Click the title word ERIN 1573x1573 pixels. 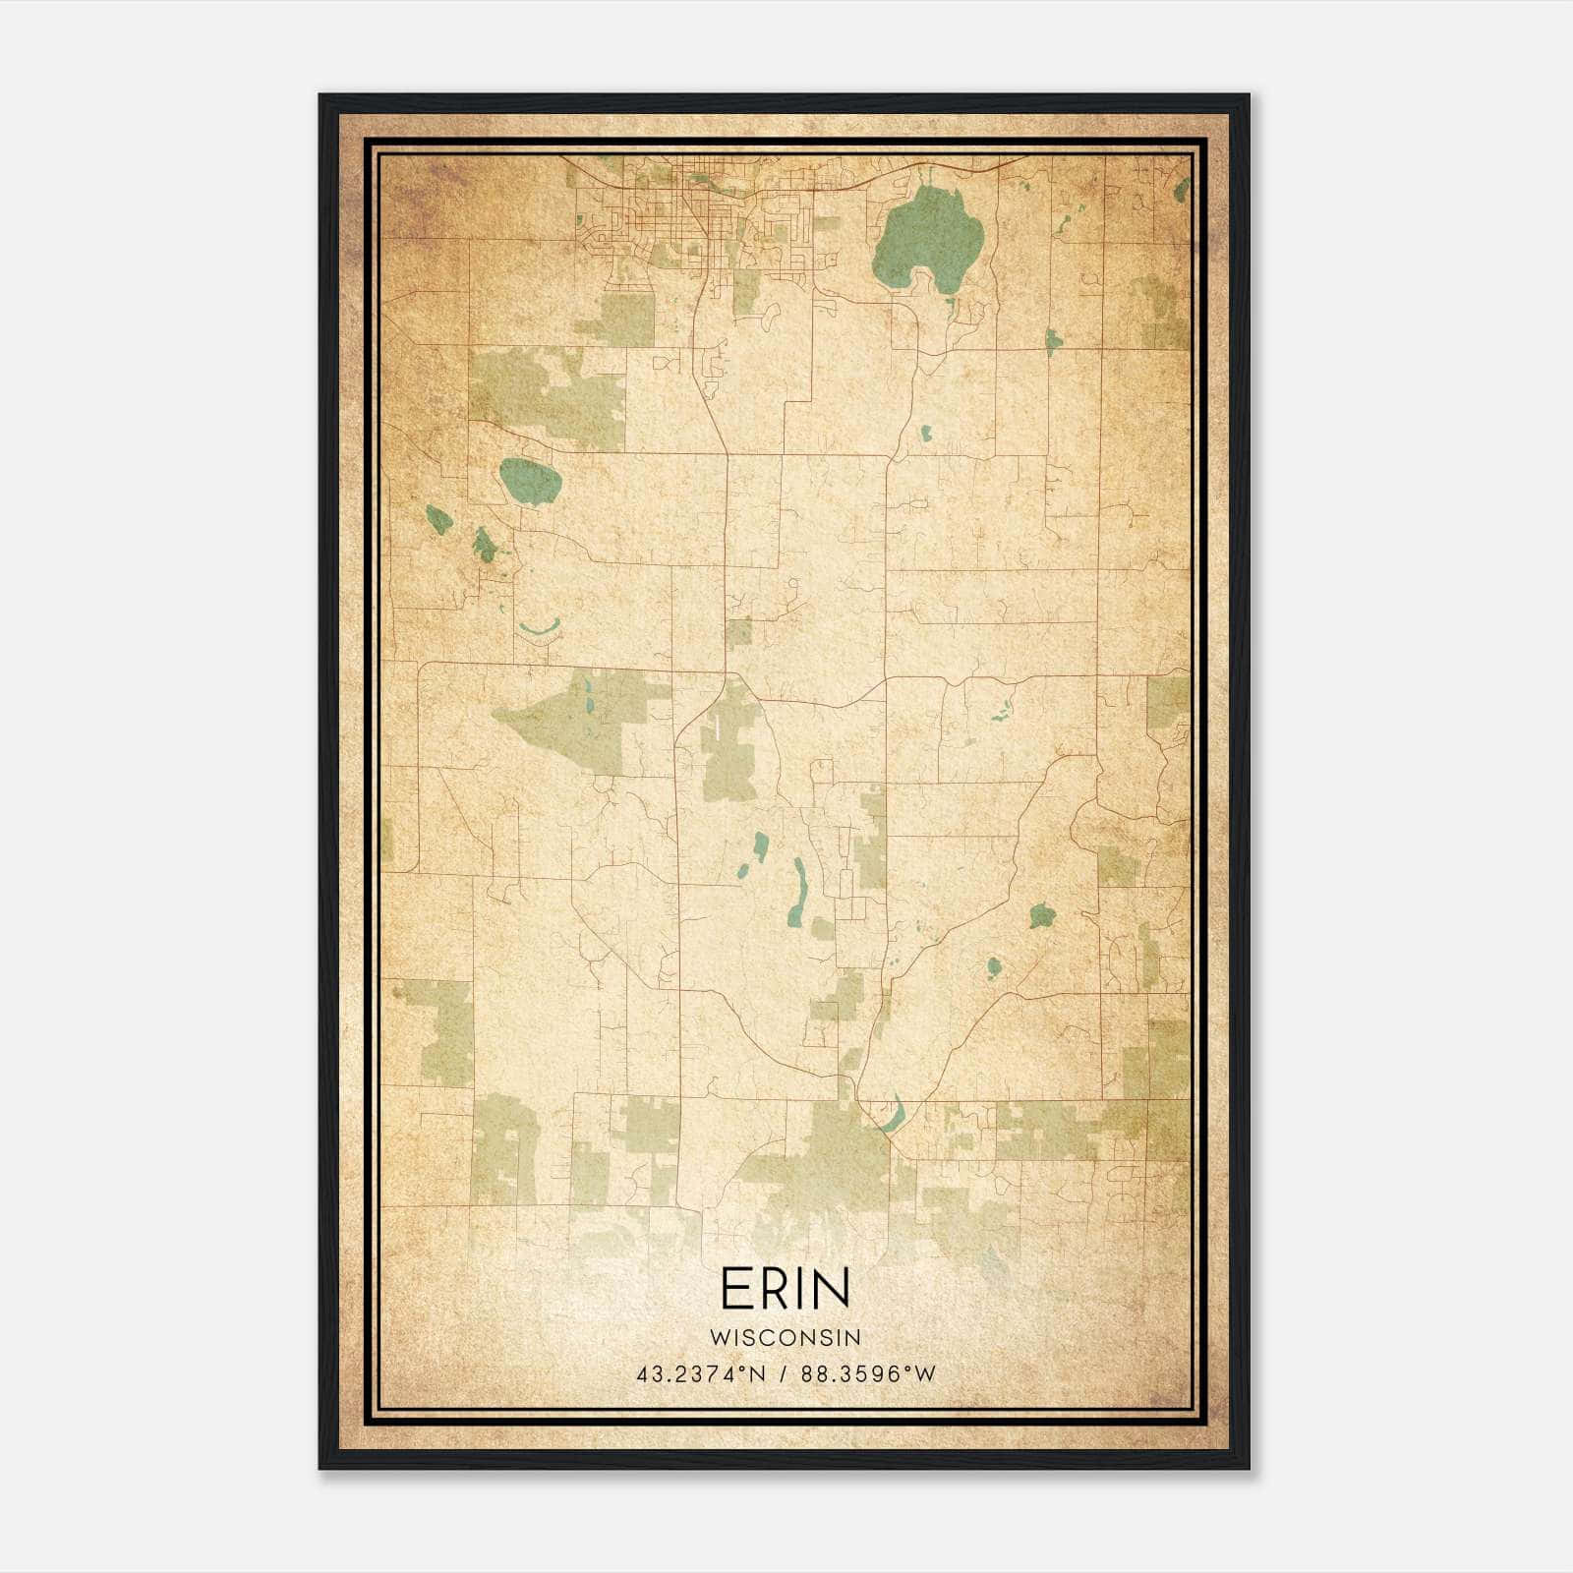(785, 1289)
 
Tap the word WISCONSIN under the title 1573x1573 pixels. (785, 1338)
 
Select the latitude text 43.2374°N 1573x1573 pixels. (700, 1374)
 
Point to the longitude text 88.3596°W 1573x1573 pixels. (869, 1374)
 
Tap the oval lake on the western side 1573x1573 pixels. (530, 481)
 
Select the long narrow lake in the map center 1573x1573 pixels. (798, 892)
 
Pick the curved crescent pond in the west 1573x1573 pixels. (539, 627)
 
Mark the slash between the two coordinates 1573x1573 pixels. (784, 1374)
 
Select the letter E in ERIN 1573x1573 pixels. (734, 1289)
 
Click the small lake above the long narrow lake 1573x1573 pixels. (760, 845)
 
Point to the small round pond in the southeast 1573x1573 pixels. (994, 966)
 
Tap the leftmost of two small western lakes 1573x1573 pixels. (438, 519)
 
